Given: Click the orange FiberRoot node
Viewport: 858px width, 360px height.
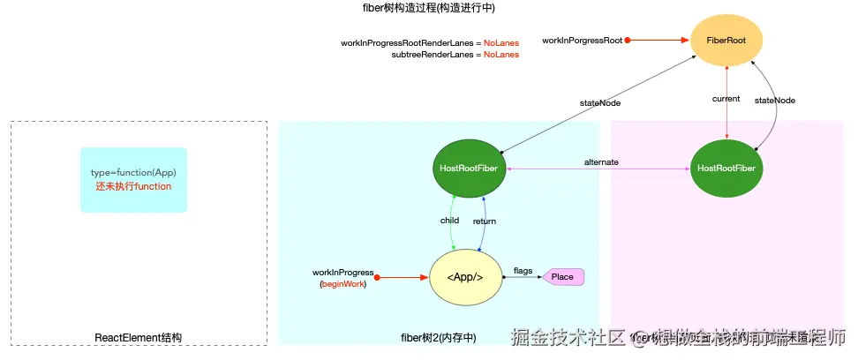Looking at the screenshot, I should tap(726, 41).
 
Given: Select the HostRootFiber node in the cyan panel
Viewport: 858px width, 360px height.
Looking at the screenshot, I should tap(471, 168).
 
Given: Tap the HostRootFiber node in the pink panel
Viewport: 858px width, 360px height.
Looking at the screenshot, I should tap(726, 168).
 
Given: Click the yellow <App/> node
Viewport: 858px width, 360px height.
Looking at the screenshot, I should tap(464, 277).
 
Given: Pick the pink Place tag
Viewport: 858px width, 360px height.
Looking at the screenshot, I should tap(562, 277).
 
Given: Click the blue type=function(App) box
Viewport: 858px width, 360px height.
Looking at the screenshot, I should tap(133, 179).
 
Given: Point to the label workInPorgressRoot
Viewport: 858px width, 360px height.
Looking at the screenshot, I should tap(582, 41).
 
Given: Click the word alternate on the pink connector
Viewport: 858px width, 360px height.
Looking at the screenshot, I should tap(601, 162).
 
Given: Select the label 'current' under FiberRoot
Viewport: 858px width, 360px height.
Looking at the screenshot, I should tap(726, 99).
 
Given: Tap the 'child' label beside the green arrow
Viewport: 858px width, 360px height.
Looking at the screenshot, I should tap(449, 221).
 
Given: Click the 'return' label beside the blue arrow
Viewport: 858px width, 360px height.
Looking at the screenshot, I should tap(485, 221).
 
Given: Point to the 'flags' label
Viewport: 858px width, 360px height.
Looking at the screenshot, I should tap(523, 271).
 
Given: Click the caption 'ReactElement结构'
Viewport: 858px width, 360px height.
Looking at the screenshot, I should tap(139, 337).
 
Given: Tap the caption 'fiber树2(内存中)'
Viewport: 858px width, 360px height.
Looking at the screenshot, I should tap(438, 337).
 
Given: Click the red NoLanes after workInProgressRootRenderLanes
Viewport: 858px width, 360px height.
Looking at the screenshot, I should tap(501, 42).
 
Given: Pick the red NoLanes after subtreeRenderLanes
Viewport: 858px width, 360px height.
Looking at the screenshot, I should tap(501, 55).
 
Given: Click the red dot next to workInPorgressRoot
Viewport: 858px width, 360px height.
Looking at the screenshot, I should tap(628, 41).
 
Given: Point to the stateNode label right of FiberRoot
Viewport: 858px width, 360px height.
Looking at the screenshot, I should tap(775, 101).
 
